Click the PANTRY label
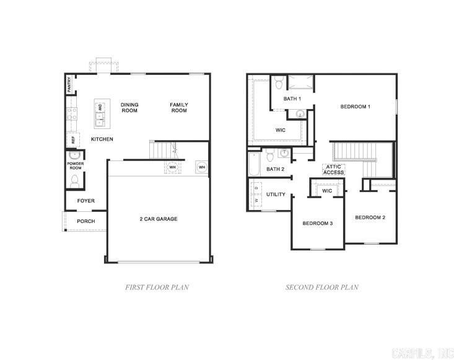click(x=69, y=85)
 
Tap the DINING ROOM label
click(x=129, y=108)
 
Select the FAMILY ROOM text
click(x=179, y=108)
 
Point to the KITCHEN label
click(x=102, y=139)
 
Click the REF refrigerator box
click(x=72, y=140)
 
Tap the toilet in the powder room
click(x=75, y=181)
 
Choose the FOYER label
click(x=85, y=201)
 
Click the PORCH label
click(x=85, y=221)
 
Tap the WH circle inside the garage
click(x=201, y=167)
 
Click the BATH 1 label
click(x=292, y=99)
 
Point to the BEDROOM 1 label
click(x=356, y=107)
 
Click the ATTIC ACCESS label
click(x=334, y=169)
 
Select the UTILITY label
click(x=276, y=195)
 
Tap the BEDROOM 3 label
click(x=318, y=223)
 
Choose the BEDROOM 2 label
click(x=370, y=217)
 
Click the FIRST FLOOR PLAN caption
click(x=157, y=288)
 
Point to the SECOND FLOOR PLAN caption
click(x=321, y=288)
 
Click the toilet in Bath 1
click(x=279, y=82)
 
